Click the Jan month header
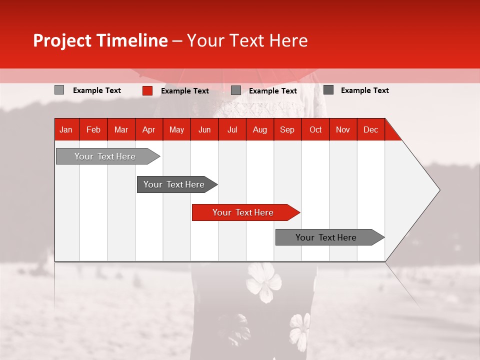click(66, 130)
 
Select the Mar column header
click(121, 130)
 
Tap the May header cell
click(176, 130)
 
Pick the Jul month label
click(232, 130)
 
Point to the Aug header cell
click(259, 130)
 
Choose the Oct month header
click(315, 130)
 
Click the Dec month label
click(370, 130)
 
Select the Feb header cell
click(93, 130)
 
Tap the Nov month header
click(342, 130)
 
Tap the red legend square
click(147, 90)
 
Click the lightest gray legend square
click(59, 90)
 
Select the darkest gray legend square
click(328, 90)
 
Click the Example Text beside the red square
click(185, 91)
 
